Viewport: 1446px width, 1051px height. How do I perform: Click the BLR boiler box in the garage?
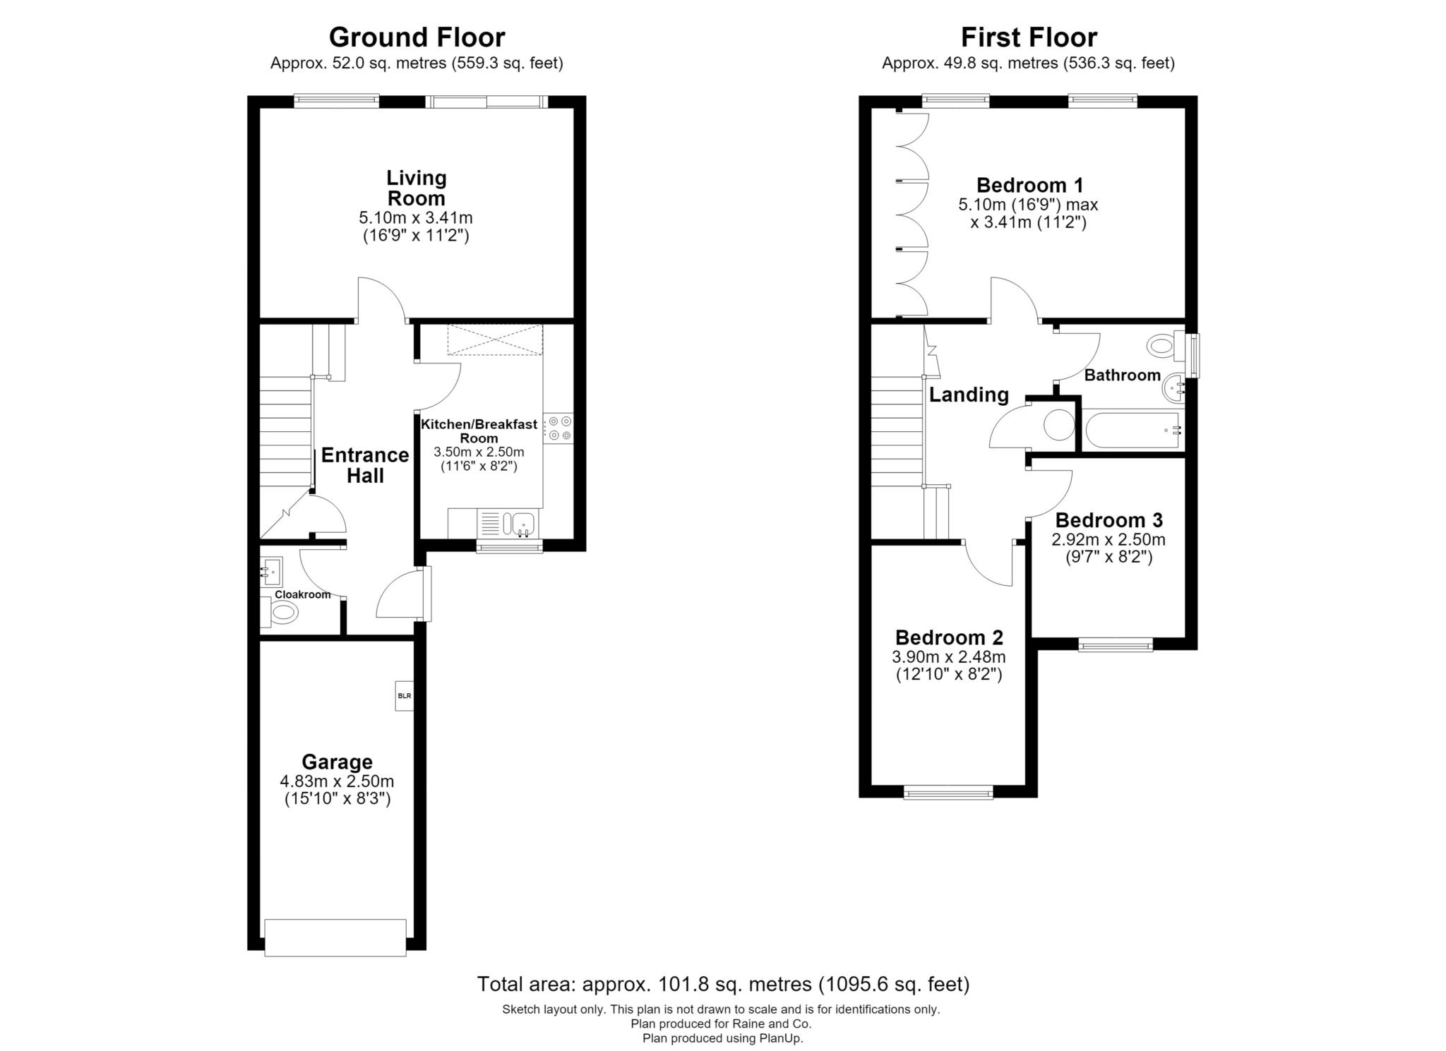[x=404, y=695]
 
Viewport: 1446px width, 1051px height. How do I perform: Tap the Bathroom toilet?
[x=1166, y=345]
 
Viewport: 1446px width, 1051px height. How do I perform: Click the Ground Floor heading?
[x=417, y=37]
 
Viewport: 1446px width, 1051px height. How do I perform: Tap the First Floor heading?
[x=1029, y=37]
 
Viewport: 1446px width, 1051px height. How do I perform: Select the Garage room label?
[x=337, y=762]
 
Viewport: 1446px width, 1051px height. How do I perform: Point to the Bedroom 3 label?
[x=1109, y=520]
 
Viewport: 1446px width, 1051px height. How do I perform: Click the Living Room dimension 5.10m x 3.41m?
[x=416, y=217]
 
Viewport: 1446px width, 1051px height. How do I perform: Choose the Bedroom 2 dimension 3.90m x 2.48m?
[x=949, y=657]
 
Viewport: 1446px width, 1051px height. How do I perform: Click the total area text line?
[x=723, y=983]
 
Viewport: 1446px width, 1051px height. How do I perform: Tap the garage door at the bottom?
[x=335, y=937]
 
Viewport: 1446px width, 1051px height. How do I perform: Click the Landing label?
[x=969, y=395]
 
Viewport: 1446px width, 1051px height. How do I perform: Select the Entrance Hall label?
[x=365, y=465]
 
